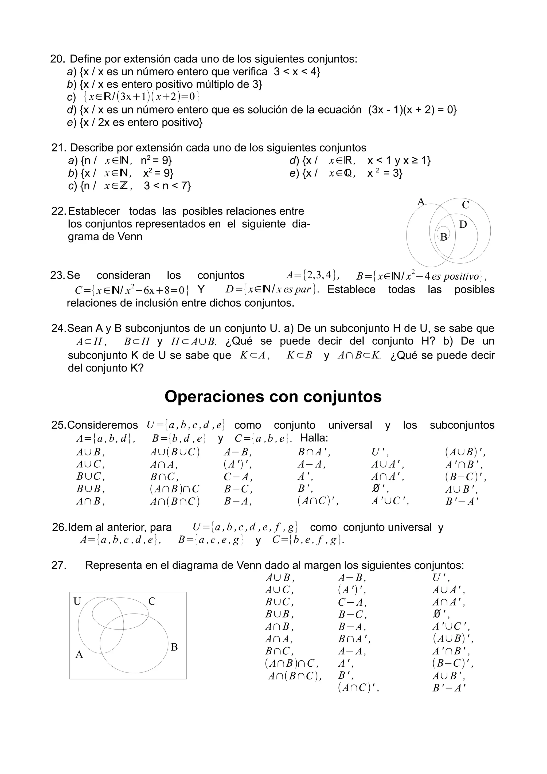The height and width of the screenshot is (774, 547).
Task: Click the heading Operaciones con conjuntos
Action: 273,396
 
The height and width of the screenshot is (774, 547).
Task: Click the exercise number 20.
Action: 57,59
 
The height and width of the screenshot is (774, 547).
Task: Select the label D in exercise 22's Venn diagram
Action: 463,225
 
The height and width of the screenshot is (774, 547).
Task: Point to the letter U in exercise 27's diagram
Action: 77,601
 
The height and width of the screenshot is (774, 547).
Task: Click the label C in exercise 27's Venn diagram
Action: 152,601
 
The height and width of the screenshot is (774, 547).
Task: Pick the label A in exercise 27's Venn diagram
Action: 79,654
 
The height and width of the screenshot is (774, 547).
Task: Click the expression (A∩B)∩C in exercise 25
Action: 175,489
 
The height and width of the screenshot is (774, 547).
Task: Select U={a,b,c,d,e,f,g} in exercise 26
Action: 245,527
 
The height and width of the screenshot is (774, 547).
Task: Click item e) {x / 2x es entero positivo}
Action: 135,122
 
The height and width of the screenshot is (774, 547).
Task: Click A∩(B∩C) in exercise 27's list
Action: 295,676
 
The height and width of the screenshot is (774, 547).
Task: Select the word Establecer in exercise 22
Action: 94,211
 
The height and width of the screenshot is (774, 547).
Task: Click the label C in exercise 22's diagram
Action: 466,205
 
